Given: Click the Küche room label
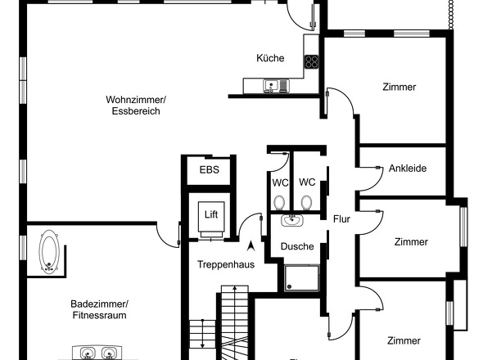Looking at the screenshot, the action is [270, 58].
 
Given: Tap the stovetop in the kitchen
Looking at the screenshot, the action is [311, 62].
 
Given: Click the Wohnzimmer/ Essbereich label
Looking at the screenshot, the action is [136, 106].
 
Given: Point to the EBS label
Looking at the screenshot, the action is [210, 169].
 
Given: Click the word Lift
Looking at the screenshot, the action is [211, 214].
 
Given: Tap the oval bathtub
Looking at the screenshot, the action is [49, 252].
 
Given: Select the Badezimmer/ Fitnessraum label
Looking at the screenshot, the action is [99, 309].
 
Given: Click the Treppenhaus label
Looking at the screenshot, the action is [226, 264].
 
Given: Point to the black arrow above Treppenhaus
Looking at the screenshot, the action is [251, 246].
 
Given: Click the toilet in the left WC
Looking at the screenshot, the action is [279, 203].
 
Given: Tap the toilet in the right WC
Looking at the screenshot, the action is [306, 203].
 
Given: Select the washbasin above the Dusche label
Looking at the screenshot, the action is [291, 220].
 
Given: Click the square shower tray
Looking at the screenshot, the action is [302, 278].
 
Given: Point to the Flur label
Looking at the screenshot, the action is [341, 219].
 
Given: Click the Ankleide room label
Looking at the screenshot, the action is [408, 169].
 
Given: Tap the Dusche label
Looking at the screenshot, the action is [297, 246].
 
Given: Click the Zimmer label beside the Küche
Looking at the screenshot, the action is [399, 87].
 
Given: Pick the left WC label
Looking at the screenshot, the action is [280, 183].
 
